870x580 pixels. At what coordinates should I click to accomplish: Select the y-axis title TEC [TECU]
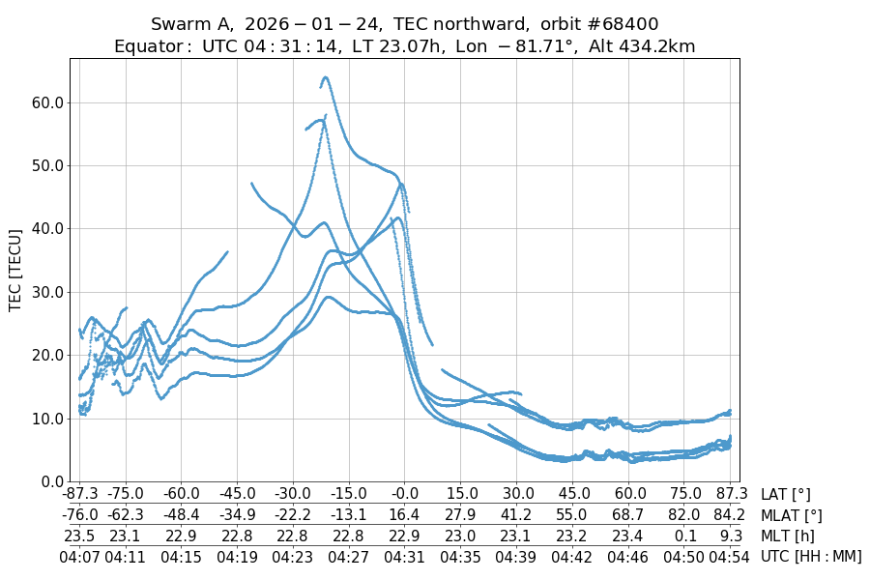tap(15, 270)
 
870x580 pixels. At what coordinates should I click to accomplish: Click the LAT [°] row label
tap(785, 494)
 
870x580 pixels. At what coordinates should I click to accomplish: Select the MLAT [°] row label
tap(792, 515)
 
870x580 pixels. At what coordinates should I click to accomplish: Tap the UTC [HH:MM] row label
tap(810, 557)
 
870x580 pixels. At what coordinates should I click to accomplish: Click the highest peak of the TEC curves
tap(326, 77)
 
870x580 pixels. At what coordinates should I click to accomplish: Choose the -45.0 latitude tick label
tap(236, 494)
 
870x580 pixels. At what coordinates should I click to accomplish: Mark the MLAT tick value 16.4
tap(404, 515)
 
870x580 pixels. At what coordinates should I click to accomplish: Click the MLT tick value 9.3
tap(731, 536)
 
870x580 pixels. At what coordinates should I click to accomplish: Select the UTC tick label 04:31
tap(404, 557)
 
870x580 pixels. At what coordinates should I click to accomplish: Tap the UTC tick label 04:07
tap(80, 557)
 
